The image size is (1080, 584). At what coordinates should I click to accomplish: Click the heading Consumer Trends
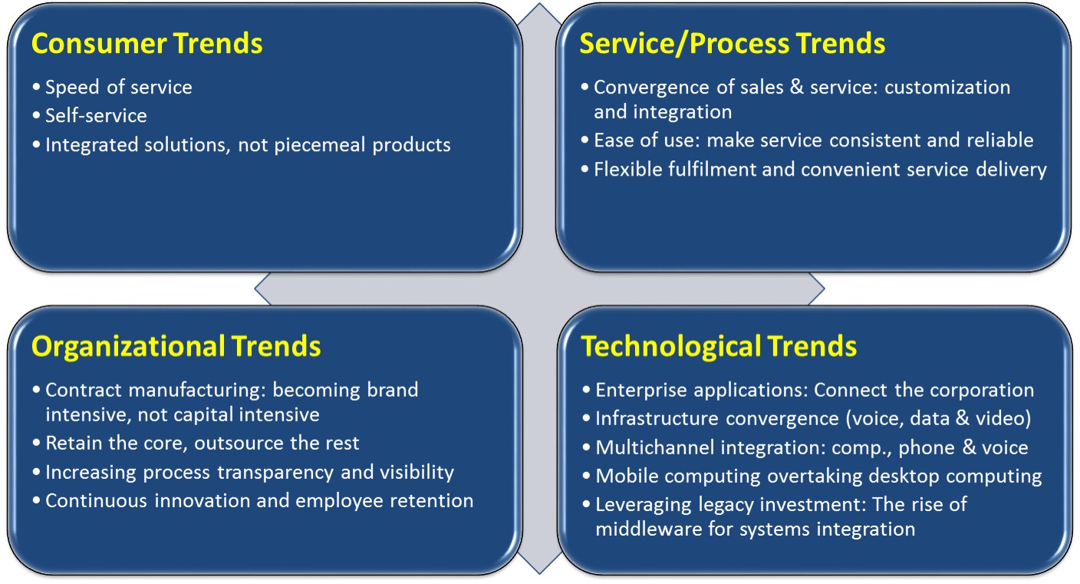coord(147,44)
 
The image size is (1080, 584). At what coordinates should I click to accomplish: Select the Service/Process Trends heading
coord(733,44)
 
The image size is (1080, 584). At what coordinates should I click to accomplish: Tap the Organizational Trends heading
coord(176,347)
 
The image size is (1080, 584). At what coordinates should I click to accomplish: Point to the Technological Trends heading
coord(719,346)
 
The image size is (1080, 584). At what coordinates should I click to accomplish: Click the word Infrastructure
coord(657,418)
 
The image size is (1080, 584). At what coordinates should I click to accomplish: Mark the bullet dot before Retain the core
coord(36,444)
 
